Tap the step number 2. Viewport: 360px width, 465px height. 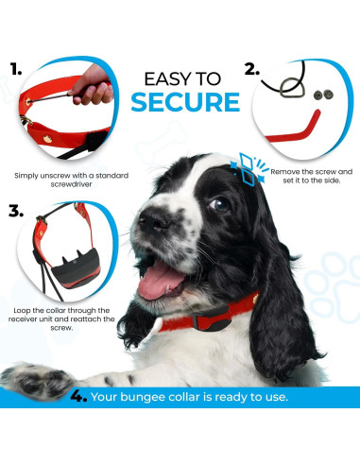tap(249, 69)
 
